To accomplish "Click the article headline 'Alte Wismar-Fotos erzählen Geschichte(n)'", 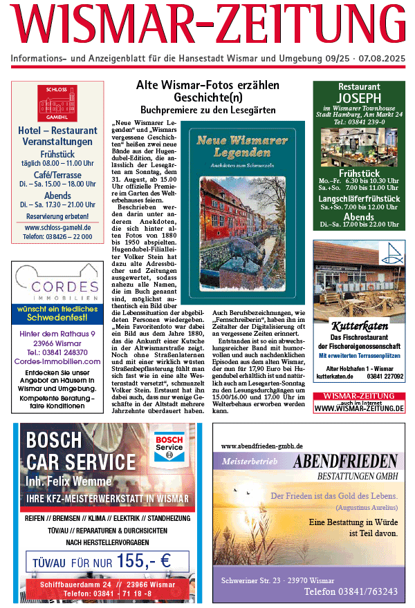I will coord(207,91).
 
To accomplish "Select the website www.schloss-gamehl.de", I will coord(58,227).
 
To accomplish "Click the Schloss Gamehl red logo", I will coord(58,103).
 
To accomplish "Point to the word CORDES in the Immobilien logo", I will coord(57,286).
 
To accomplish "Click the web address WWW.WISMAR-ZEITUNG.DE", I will coord(358,408).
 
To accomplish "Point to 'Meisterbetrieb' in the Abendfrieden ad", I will coord(250,461).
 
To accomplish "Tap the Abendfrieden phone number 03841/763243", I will coord(351,591).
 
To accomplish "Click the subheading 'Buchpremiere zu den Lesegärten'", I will coord(207,110).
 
